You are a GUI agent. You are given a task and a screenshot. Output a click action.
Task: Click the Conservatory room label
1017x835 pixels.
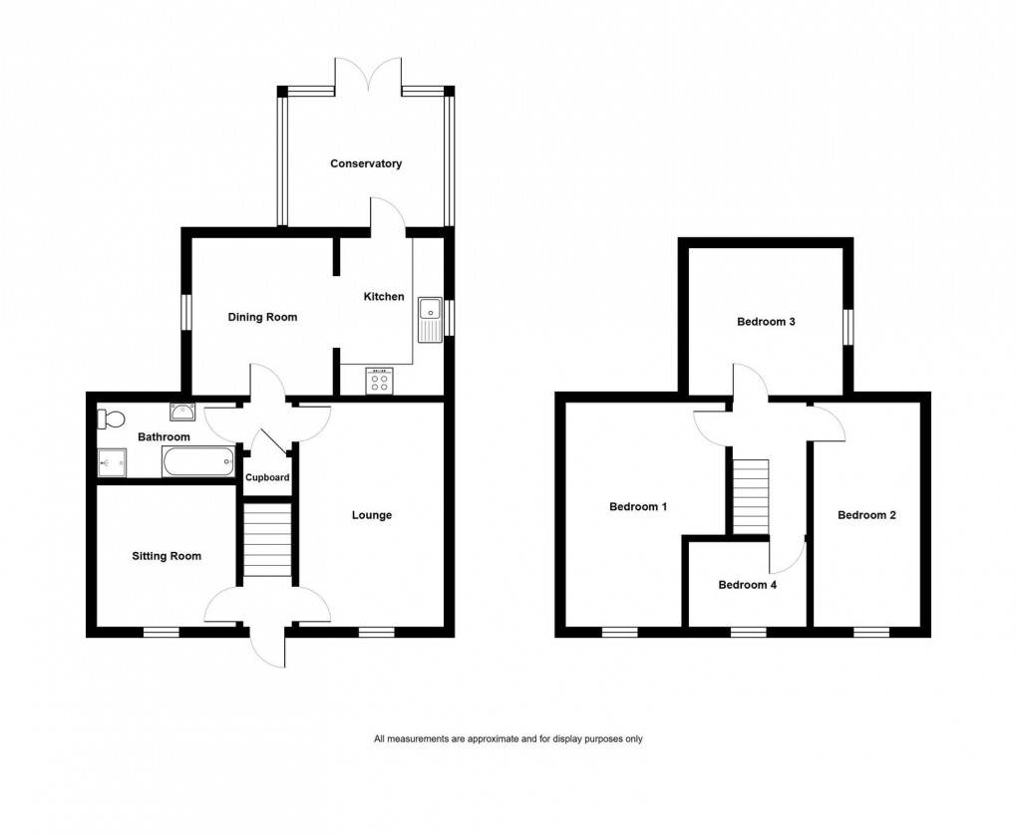366,163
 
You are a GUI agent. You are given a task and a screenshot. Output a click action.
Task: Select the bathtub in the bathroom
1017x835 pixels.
197,461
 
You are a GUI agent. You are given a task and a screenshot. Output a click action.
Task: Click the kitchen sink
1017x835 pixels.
431,319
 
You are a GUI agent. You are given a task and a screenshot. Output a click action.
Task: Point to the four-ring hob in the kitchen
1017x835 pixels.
381,382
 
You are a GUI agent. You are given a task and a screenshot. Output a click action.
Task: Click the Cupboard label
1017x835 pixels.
268,478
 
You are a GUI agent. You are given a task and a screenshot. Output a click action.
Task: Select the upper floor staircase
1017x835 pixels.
751,496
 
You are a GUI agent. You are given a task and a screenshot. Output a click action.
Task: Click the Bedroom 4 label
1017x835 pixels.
747,585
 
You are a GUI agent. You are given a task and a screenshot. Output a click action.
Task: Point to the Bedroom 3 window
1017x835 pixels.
847,328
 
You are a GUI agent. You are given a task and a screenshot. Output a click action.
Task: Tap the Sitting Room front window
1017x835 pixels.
161,631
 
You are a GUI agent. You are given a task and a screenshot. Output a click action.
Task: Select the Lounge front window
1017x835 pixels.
376,631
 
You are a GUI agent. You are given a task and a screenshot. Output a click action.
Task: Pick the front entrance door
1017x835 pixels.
267,646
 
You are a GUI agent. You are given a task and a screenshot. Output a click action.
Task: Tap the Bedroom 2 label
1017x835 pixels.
866,515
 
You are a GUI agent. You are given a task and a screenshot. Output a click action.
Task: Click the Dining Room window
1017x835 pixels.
185,312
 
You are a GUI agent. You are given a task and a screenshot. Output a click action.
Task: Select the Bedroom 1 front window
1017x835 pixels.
619,631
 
